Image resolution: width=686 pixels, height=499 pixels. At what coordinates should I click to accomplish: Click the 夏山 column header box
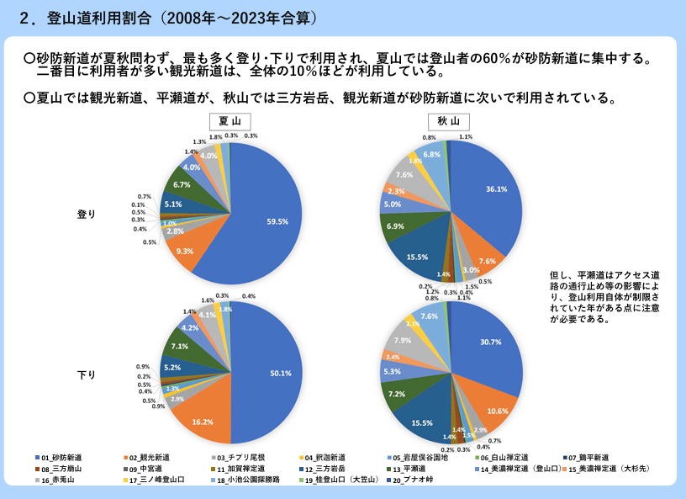pyautogui.click(x=230, y=120)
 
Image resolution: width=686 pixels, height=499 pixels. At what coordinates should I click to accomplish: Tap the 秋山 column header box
pyautogui.click(x=449, y=120)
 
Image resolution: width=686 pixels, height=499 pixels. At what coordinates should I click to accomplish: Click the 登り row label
pyautogui.click(x=85, y=214)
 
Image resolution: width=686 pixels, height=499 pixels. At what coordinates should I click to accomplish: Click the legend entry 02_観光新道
pyautogui.click(x=155, y=457)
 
